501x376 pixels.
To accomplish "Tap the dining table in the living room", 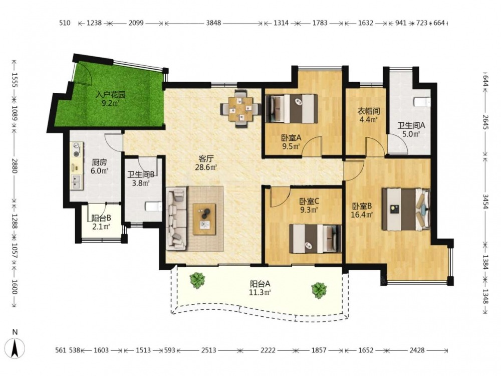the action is [x=241, y=109].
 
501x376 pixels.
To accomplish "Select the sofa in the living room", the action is [x=176, y=219].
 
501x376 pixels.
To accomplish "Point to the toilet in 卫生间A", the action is [x=422, y=102].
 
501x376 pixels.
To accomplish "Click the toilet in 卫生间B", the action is [x=153, y=207].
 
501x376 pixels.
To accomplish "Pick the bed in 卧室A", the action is [x=292, y=109].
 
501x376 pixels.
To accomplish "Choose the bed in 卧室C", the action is [x=315, y=239].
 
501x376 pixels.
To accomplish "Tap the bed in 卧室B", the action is [x=406, y=210].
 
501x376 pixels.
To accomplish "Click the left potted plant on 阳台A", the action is [x=197, y=280].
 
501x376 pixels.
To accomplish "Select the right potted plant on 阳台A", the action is [x=319, y=290].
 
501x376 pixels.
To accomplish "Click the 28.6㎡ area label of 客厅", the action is [x=206, y=167].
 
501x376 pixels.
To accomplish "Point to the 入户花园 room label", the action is [x=111, y=95].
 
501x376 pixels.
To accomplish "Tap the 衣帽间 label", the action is [x=368, y=111].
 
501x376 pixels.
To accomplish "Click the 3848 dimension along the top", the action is [x=213, y=23].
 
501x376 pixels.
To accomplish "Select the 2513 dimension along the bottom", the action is [x=208, y=350].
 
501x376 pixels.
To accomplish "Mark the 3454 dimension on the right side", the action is [x=485, y=202].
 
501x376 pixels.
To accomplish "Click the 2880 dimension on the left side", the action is [x=14, y=165].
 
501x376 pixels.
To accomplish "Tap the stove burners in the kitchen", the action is [x=76, y=149].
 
